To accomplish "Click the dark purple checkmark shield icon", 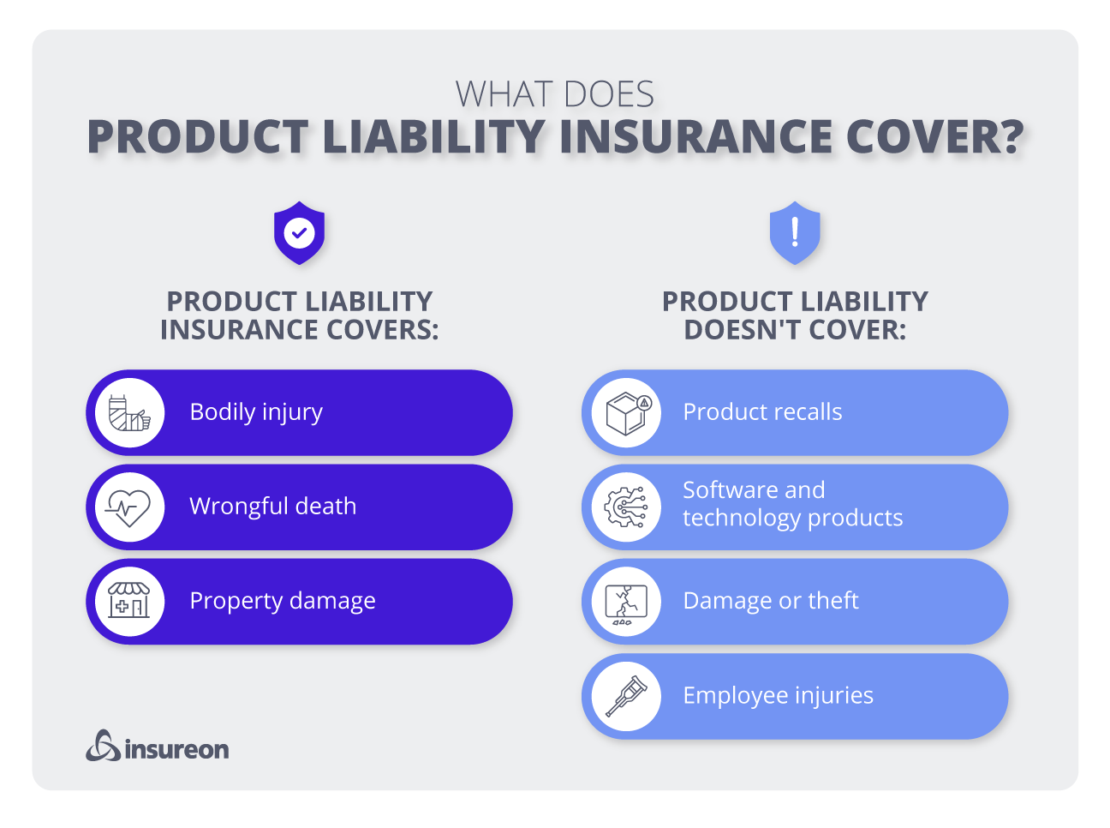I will point(299,232).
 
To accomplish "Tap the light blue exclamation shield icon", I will point(795,232).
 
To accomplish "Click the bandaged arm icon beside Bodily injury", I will point(129,412).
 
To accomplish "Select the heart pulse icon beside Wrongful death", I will point(129,507).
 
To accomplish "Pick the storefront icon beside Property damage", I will point(129,602).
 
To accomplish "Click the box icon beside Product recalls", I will point(627,412).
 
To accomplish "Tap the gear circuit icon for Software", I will point(627,507).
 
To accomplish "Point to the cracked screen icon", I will point(627,602).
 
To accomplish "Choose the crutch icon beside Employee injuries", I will point(627,696).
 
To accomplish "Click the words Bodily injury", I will point(256,412).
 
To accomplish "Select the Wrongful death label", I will point(272,507).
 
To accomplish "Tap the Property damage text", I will point(283,601).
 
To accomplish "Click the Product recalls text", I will point(762,412).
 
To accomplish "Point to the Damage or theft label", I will point(771,601).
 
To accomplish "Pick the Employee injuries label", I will point(778,695).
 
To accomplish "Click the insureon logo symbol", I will point(103,746).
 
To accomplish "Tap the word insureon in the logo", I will point(177,750).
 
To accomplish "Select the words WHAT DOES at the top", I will point(554,94).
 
